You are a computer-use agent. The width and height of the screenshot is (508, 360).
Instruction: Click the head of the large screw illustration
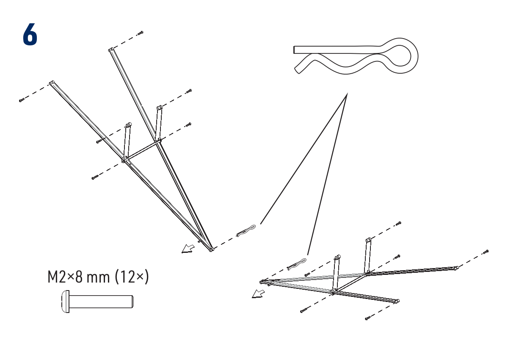pyautogui.click(x=64, y=302)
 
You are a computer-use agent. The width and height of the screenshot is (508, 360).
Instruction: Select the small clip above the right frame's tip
pyautogui.click(x=298, y=264)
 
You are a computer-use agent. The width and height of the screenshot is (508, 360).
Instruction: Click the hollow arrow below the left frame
pyautogui.click(x=186, y=249)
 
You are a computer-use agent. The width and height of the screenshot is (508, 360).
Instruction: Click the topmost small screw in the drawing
pyautogui.click(x=140, y=33)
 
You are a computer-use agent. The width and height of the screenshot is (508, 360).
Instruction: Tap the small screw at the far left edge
pyautogui.click(x=21, y=100)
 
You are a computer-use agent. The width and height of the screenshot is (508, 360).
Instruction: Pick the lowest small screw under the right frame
pyautogui.click(x=367, y=318)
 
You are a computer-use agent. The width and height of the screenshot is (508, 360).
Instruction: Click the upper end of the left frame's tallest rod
pyautogui.click(x=110, y=50)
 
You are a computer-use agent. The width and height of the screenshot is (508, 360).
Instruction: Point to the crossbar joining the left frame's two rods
pyautogui.click(x=142, y=150)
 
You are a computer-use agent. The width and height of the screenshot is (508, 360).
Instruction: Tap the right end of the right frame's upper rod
pyautogui.click(x=456, y=268)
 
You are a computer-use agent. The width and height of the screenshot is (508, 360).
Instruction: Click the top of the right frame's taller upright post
pyautogui.click(x=368, y=240)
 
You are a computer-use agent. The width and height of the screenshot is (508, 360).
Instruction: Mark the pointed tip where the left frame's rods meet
pyautogui.click(x=210, y=250)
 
